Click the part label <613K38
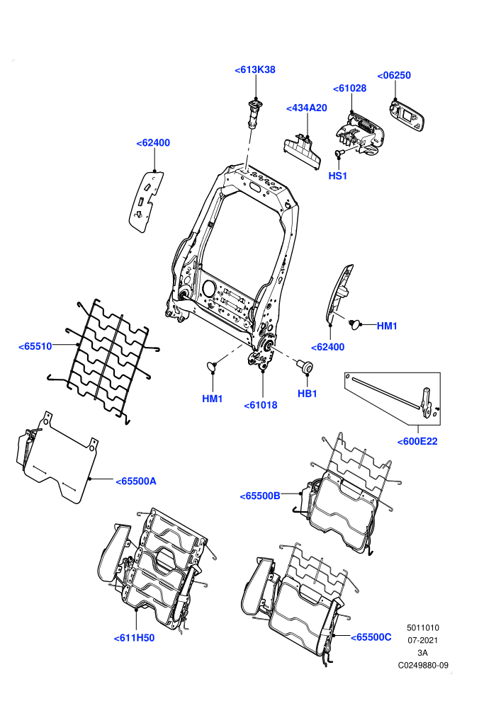click(255, 69)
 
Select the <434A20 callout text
click(306, 108)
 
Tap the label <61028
click(350, 88)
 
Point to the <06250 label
click(394, 75)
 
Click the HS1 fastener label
click(338, 176)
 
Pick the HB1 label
click(308, 394)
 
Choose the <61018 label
click(261, 405)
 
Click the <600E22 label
click(417, 441)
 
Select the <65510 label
click(35, 346)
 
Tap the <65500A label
click(136, 481)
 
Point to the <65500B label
click(260, 496)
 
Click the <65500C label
click(371, 637)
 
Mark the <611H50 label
click(134, 638)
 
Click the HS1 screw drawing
click(339, 154)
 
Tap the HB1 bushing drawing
click(306, 366)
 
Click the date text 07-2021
click(422, 640)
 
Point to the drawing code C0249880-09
click(423, 665)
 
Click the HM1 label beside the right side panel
click(387, 326)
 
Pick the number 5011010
click(422, 627)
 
